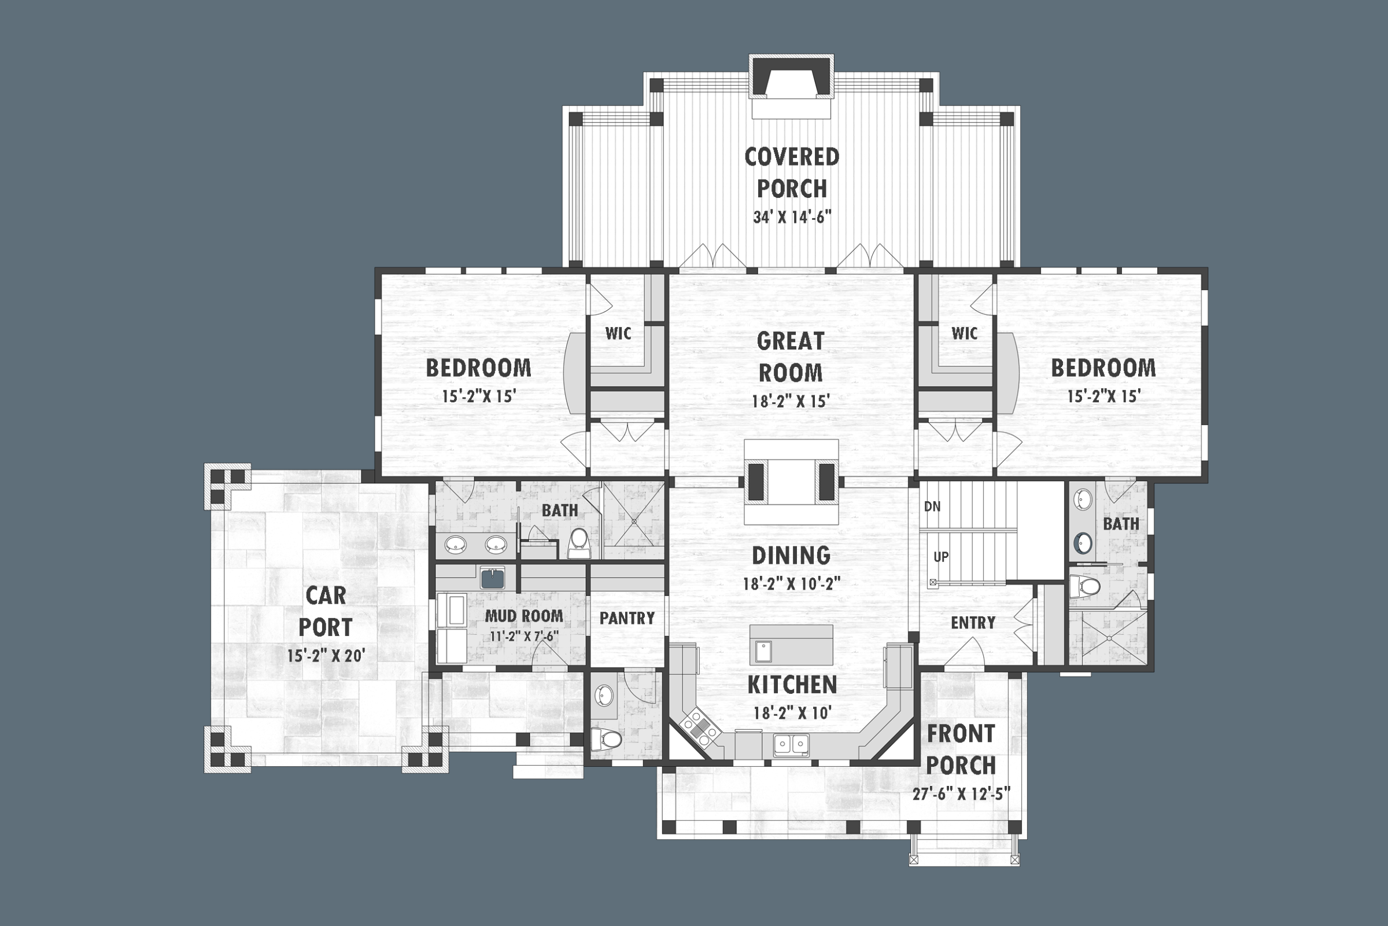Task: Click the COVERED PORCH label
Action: (x=791, y=172)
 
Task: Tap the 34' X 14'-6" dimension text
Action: (x=791, y=218)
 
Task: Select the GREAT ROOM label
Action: (x=790, y=357)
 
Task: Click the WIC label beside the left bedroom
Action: (x=618, y=334)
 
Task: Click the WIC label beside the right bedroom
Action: (x=964, y=334)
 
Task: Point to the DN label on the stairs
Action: (x=932, y=506)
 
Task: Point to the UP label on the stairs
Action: (x=941, y=557)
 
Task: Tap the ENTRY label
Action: (x=973, y=623)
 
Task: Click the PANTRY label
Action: (x=627, y=618)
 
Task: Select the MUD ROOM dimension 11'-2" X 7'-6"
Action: (x=524, y=637)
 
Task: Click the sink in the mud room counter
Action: (x=492, y=578)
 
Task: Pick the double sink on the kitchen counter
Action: (x=791, y=745)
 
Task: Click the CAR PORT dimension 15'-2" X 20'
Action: (x=326, y=656)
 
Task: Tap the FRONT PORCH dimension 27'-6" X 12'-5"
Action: (x=961, y=793)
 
